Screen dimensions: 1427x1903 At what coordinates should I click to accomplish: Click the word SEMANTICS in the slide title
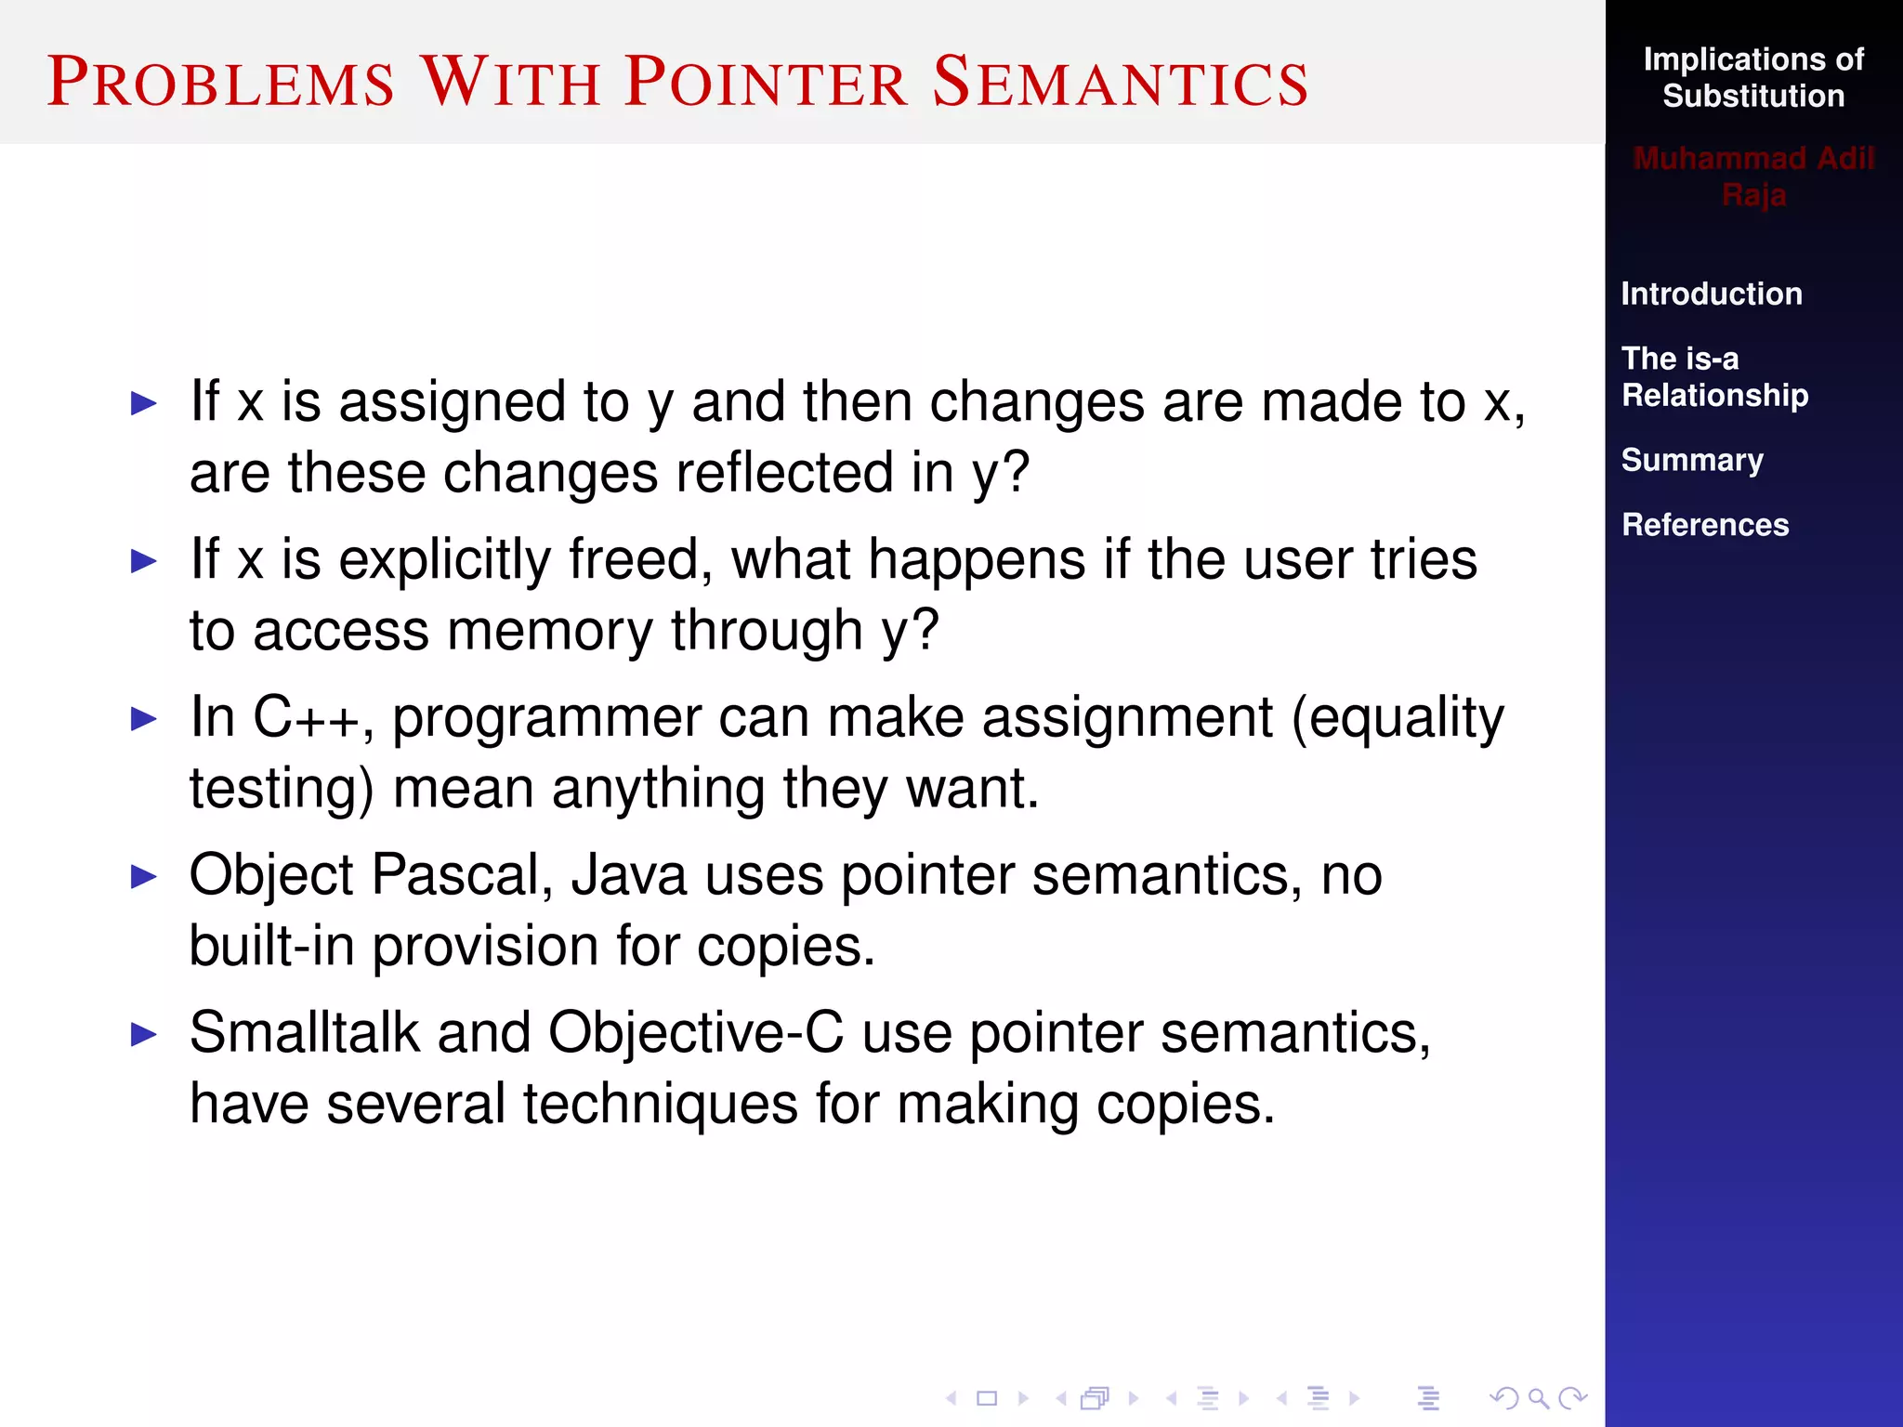[1120, 82]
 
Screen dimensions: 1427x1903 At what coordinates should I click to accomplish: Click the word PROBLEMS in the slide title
[221, 82]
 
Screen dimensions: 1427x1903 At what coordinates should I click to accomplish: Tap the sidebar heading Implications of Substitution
[1752, 77]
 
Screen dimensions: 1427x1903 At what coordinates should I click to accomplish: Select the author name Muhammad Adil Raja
[1752, 176]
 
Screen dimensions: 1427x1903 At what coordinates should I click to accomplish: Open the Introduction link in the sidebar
[1711, 294]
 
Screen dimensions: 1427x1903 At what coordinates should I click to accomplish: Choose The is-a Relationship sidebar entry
[1713, 376]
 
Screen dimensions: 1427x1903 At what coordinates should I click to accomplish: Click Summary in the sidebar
[1691, 460]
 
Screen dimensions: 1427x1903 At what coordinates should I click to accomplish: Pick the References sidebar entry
[1704, 525]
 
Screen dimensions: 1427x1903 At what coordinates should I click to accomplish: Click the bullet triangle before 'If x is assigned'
[144, 403]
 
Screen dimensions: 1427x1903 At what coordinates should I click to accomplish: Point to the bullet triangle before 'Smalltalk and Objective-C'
[144, 1034]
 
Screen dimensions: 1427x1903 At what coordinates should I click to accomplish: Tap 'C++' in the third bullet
[306, 718]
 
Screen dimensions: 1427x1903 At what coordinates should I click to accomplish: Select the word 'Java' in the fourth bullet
[628, 876]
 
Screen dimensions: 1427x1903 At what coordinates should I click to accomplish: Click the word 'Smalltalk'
[305, 1033]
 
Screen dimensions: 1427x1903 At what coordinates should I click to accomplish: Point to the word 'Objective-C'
[695, 1033]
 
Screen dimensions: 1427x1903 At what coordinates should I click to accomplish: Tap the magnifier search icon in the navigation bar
[1539, 1398]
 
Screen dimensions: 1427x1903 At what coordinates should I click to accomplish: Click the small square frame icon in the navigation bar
[987, 1398]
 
